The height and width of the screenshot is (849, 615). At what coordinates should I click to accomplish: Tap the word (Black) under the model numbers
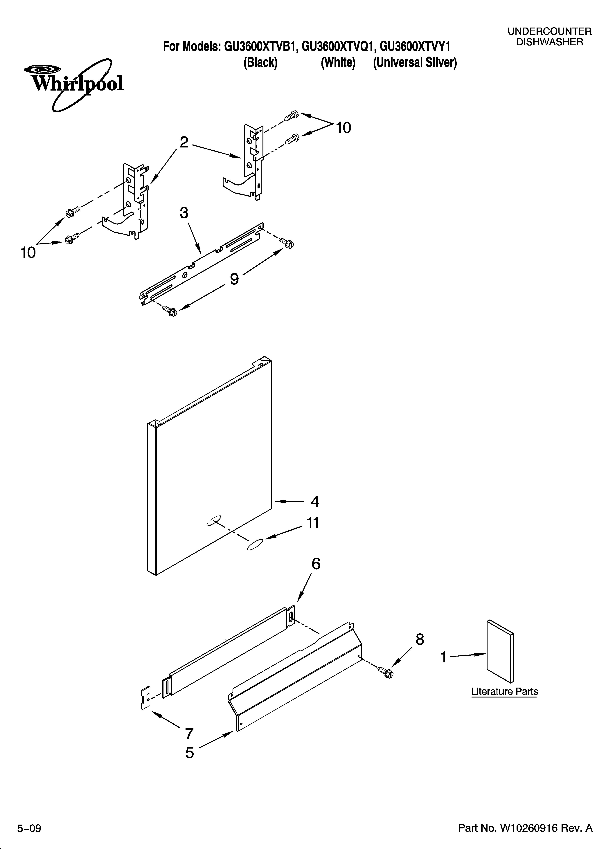coord(260,62)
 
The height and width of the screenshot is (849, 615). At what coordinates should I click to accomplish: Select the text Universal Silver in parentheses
coord(415,62)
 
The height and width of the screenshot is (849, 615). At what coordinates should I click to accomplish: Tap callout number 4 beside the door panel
coord(315,502)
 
